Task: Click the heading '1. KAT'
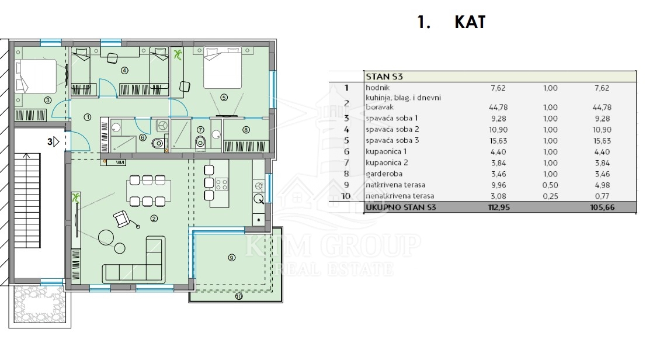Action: [x=451, y=22]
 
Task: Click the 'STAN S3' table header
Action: [x=384, y=77]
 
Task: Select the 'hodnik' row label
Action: [x=378, y=88]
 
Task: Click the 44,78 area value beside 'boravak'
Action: [x=498, y=107]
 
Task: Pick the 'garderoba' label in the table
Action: [x=384, y=174]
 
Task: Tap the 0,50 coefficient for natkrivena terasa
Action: [x=550, y=185]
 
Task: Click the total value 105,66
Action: [x=602, y=207]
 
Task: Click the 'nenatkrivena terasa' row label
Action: [x=400, y=196]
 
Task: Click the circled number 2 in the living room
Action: [x=154, y=219]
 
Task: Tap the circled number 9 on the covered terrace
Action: [x=231, y=258]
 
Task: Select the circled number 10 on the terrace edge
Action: [x=239, y=296]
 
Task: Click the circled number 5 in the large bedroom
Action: [x=224, y=98]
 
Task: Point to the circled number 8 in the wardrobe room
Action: [x=246, y=130]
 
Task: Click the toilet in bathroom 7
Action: [x=200, y=143]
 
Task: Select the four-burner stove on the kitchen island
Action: [x=221, y=184]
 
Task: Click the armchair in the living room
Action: [x=123, y=219]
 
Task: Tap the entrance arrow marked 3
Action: [x=57, y=141]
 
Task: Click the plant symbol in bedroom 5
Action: [x=178, y=54]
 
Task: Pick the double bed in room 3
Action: [x=36, y=77]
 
